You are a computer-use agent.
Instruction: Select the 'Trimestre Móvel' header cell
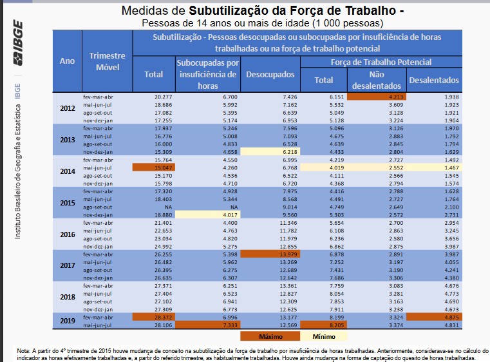tap(107, 61)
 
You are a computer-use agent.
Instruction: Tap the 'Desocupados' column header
tap(270, 75)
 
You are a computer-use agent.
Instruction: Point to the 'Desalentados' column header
tap(433, 81)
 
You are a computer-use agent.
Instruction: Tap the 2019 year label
tap(67, 320)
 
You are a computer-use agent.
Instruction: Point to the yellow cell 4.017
tap(209, 214)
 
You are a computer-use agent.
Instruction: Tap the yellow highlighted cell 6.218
tap(270, 151)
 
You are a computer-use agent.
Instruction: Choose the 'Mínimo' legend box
tap(324, 336)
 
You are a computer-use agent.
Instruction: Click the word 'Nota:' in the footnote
tap(24, 350)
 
